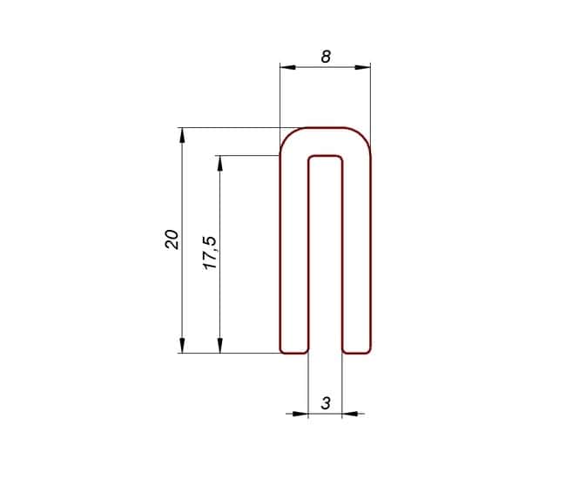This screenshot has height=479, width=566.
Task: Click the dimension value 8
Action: (x=326, y=57)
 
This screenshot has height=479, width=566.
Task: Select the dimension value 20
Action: (x=172, y=239)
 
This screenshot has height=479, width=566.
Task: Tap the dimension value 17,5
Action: (x=209, y=252)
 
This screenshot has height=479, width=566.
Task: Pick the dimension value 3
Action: (x=326, y=403)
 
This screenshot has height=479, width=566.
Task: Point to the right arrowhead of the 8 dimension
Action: (x=365, y=66)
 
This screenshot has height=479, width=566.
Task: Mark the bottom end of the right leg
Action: (x=356, y=353)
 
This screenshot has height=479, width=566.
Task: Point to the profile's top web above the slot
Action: (x=326, y=142)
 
